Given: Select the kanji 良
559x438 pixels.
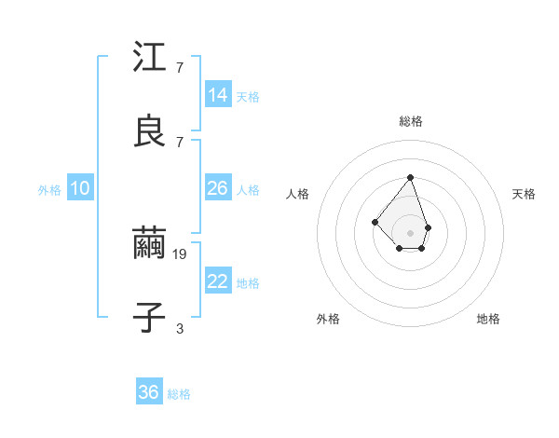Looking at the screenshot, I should pyautogui.click(x=149, y=131).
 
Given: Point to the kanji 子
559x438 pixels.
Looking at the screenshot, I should pyautogui.click(x=149, y=318).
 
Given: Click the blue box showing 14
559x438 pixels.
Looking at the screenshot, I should pyautogui.click(x=218, y=95).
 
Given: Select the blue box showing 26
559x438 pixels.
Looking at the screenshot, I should pyautogui.click(x=218, y=188).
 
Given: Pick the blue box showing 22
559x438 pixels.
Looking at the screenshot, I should pyautogui.click(x=218, y=282).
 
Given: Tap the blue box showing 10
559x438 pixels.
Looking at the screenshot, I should pyautogui.click(x=80, y=188).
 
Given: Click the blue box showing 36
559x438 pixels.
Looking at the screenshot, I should pyautogui.click(x=149, y=392).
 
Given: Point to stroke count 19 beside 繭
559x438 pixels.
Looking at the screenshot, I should pyautogui.click(x=181, y=253).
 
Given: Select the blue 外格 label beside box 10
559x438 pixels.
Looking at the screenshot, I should pyautogui.click(x=49, y=190).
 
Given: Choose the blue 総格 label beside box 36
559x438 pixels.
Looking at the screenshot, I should pyautogui.click(x=179, y=394).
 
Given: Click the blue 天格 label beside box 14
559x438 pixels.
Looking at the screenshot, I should pyautogui.click(x=248, y=97).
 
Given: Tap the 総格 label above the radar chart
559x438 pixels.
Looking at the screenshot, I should pyautogui.click(x=410, y=121).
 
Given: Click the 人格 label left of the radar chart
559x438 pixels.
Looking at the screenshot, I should pyautogui.click(x=298, y=194).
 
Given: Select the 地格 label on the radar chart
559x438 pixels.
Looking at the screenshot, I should pyautogui.click(x=488, y=319).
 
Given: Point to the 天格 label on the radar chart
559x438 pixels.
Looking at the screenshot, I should pyautogui.click(x=524, y=194).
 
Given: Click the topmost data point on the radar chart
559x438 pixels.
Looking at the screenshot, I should pyautogui.click(x=410, y=177).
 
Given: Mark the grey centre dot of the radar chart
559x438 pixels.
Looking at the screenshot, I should pyautogui.click(x=410, y=232).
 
